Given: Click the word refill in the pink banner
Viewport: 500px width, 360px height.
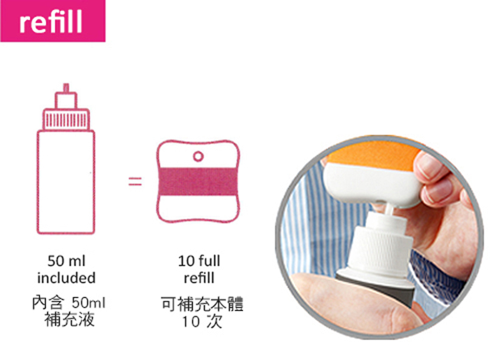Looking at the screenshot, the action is point(51,21).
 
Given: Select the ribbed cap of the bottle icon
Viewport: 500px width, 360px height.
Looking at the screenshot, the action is point(66,119).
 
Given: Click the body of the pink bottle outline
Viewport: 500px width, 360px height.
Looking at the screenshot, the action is point(66,182).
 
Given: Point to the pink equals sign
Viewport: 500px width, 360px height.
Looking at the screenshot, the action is point(135,181).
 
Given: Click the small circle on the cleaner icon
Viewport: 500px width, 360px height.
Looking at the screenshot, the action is point(198,156).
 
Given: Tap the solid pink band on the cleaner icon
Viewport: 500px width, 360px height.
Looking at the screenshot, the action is point(198,181).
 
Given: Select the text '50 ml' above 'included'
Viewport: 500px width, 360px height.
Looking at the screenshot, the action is point(66,261).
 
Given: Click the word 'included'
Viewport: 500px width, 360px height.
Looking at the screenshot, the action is point(66,277).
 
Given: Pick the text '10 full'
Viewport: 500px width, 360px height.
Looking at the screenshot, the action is point(199,261).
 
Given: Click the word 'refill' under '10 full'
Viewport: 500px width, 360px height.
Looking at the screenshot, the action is point(199,277).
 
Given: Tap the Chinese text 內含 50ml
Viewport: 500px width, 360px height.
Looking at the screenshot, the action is point(69,302).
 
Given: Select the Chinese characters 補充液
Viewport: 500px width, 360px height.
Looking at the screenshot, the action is point(69,319).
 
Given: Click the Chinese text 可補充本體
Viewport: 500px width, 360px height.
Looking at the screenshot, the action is point(202,304).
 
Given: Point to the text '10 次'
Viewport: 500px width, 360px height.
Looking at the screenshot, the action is point(202,321).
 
